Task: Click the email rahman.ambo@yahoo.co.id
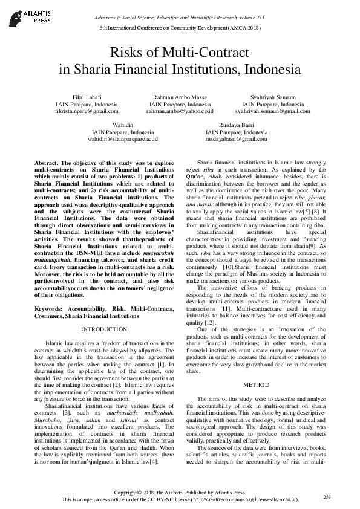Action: point(180,112)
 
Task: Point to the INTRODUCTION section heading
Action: point(103,329)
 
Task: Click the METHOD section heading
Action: point(256,384)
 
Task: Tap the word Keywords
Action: point(51,308)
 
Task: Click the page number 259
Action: point(327,496)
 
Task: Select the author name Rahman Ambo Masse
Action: point(180,97)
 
